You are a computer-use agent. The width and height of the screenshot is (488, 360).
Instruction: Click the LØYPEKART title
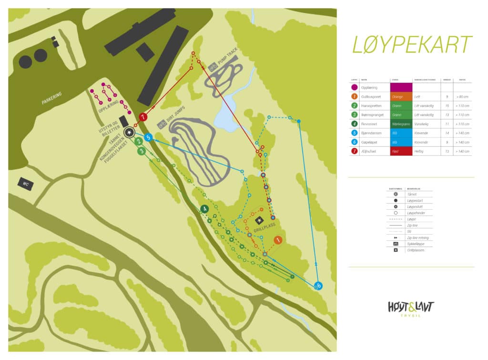(412, 44)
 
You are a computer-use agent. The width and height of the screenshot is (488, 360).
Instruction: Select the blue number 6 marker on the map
(318, 286)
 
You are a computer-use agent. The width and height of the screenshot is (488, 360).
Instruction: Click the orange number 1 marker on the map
(278, 241)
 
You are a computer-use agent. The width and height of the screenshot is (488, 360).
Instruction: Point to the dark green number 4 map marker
(204, 209)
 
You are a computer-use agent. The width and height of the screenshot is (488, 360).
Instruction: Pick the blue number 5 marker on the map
(148, 137)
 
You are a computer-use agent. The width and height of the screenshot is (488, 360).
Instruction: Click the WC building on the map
(25, 183)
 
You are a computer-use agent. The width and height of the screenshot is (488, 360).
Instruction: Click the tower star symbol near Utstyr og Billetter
(129, 132)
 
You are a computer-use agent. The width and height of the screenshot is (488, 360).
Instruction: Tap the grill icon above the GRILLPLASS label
(259, 220)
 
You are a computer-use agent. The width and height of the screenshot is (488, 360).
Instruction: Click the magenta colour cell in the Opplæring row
(401, 88)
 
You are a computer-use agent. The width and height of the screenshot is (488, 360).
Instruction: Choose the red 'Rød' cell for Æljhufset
(401, 152)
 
